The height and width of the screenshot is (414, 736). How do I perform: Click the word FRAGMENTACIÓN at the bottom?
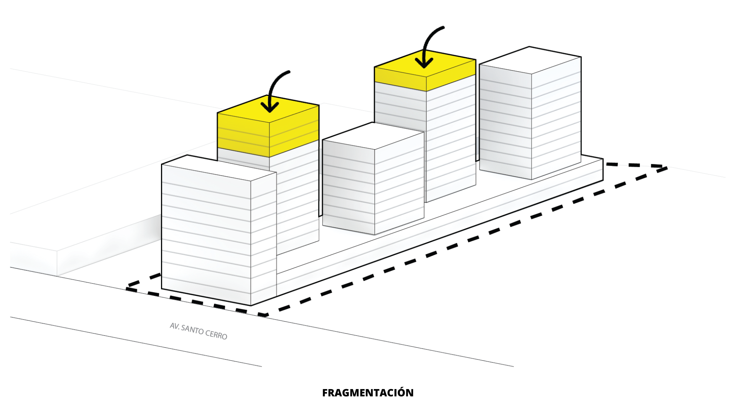368,393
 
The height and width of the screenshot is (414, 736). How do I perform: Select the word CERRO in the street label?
216,334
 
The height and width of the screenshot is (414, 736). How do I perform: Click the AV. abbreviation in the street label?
175,326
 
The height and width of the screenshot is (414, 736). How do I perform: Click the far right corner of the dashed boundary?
666,168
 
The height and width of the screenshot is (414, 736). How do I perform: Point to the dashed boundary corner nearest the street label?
264,315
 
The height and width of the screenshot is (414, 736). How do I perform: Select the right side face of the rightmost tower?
556,119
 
